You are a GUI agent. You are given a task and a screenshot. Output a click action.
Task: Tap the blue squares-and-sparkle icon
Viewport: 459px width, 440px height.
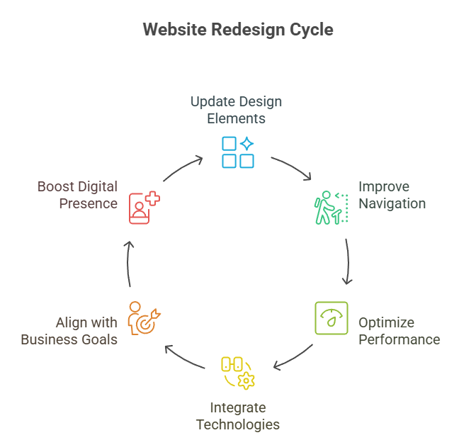pyautogui.click(x=238, y=152)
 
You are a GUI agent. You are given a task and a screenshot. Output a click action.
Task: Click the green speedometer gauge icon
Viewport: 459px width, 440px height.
pyautogui.click(x=331, y=318)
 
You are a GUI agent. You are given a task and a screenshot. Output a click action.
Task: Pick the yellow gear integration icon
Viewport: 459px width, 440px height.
pyautogui.click(x=238, y=373)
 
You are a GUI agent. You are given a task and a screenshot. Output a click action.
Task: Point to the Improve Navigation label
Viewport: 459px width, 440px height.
pyautogui.click(x=392, y=196)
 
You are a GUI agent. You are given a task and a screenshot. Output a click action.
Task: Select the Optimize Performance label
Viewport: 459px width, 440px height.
pyautogui.click(x=399, y=331)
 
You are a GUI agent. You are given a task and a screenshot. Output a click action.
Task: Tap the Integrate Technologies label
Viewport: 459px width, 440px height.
pyautogui.click(x=238, y=417)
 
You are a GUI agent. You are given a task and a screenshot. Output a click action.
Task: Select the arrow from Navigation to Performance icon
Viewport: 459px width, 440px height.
pyautogui.click(x=347, y=262)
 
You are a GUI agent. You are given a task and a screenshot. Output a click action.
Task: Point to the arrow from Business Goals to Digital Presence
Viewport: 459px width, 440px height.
pyautogui.click(x=128, y=263)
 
